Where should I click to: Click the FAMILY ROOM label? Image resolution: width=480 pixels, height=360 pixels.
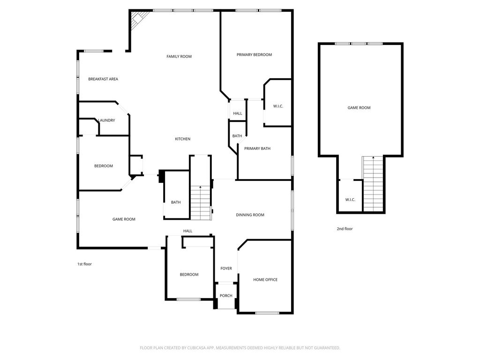[x=179, y=57]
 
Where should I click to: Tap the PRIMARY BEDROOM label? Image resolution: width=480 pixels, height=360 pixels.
[x=254, y=55]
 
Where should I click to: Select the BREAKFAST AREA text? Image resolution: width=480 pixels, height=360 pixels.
[x=103, y=79]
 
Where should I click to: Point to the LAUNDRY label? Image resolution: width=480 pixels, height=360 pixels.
[x=107, y=120]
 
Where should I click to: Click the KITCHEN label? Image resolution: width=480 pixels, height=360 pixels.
[x=183, y=139]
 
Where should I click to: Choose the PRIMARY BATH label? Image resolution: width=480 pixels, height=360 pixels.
[x=257, y=149]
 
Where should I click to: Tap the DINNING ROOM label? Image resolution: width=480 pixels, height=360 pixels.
[x=250, y=215]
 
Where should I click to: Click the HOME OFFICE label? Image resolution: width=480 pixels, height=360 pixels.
[x=265, y=280]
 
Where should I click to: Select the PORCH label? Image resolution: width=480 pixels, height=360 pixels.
[x=226, y=296]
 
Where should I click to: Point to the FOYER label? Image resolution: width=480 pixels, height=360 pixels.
[x=226, y=269]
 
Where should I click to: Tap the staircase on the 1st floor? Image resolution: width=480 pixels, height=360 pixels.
[x=200, y=202]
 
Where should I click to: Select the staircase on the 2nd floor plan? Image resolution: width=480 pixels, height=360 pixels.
[x=373, y=184]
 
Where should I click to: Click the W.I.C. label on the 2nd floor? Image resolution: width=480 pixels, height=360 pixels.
[x=350, y=200]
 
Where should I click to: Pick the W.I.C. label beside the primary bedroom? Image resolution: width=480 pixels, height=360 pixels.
[x=278, y=106]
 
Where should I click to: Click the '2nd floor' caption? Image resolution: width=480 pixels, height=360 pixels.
[x=345, y=229]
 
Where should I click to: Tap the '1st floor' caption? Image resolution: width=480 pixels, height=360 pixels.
[x=84, y=264]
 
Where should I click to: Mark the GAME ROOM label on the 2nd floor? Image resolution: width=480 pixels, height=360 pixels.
[x=359, y=108]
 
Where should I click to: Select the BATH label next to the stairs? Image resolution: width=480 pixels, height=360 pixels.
[x=176, y=202]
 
